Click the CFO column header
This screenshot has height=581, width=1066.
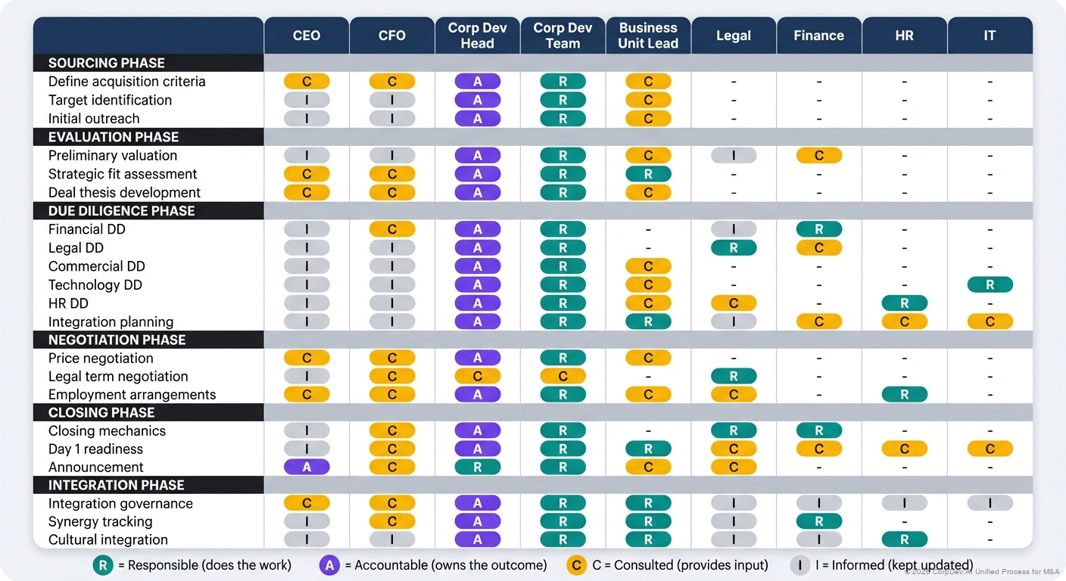[x=391, y=36]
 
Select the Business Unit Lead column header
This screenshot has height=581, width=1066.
[x=648, y=36]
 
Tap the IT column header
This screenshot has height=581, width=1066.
[x=990, y=36]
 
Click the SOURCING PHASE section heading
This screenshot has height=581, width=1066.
[x=106, y=63]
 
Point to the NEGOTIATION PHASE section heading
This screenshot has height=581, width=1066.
[x=117, y=340]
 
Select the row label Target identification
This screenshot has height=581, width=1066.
[x=110, y=100]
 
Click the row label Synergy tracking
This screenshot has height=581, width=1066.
[x=100, y=521]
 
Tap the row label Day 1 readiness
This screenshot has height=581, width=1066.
[x=95, y=449]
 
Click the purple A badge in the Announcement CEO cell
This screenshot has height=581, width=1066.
[x=307, y=467]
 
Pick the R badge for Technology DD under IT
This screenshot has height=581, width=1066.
[x=990, y=284]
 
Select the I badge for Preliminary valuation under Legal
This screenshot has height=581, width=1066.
[x=734, y=155]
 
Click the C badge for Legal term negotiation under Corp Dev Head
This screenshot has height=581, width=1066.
[x=477, y=376]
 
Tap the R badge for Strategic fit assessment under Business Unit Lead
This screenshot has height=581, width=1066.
[x=648, y=174]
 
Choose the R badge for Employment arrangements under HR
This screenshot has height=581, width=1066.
[x=904, y=394]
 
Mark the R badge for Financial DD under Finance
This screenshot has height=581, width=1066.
[x=818, y=229]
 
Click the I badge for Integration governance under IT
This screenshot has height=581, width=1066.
[x=990, y=503]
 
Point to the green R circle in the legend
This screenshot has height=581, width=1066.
[x=102, y=565]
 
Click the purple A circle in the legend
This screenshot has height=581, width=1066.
[x=329, y=565]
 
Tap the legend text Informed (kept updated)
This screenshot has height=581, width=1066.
[x=894, y=565]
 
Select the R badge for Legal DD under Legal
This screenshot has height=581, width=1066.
[x=734, y=247]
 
